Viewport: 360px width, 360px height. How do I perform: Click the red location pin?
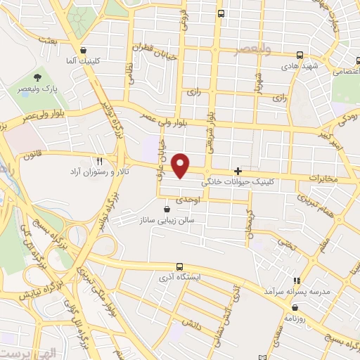click(181, 165)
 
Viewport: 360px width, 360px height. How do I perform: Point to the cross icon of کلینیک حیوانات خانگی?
click(238, 171)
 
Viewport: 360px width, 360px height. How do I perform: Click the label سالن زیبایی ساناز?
click(173, 220)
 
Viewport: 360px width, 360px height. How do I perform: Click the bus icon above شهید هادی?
click(300, 54)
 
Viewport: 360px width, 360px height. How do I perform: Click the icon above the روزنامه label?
click(295, 308)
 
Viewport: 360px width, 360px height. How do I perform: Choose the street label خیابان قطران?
click(154, 49)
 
